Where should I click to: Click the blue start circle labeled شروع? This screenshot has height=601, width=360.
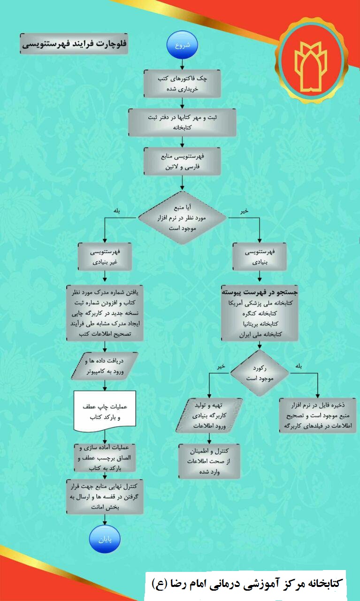[182, 45]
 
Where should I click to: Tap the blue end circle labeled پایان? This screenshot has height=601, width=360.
[105, 539]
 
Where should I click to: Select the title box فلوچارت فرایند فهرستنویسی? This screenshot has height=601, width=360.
[74, 44]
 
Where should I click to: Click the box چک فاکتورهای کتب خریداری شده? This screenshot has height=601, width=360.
[182, 84]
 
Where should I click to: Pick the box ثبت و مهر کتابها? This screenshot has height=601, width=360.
[182, 123]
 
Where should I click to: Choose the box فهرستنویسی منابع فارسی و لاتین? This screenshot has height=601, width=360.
[182, 161]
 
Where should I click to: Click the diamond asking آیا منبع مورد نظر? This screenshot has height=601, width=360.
[182, 217]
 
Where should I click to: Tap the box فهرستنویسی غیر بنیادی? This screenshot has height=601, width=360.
[105, 256]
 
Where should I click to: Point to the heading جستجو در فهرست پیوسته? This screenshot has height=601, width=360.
[260, 292]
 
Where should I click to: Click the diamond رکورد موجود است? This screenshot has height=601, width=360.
[260, 373]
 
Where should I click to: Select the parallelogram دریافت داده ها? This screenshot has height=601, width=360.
[105, 366]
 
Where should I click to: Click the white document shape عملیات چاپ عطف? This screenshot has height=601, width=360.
[105, 411]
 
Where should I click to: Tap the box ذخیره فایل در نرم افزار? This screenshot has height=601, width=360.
[318, 415]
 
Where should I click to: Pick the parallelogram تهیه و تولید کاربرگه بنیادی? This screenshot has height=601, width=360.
[209, 415]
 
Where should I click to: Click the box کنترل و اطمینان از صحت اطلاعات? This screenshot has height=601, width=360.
[209, 461]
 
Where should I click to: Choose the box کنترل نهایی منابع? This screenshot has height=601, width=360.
[105, 497]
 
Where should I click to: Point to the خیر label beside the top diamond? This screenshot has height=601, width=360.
[244, 211]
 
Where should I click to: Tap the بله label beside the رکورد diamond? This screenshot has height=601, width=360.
[299, 366]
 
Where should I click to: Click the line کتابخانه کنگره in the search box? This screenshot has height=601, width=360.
[260, 313]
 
